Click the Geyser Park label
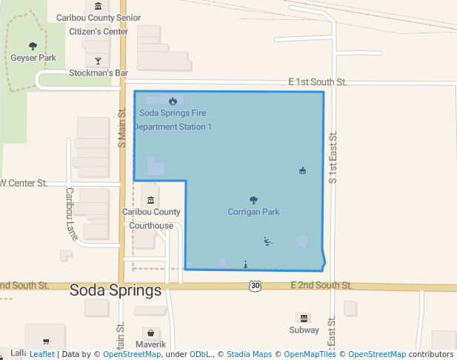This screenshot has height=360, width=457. pos(33,58)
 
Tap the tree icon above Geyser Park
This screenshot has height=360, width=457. pos(33,46)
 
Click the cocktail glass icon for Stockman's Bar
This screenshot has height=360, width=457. pos(98,60)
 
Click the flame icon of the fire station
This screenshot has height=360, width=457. pos(173,101)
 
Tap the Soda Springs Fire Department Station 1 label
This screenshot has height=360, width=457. pos(173,120)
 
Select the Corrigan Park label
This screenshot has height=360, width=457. pos(253,212)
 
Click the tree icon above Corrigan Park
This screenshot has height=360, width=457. pos(253,200)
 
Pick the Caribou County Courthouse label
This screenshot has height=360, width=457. pos(151,219)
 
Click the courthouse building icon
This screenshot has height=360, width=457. pos(151,200)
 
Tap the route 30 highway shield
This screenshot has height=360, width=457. pos(255,285)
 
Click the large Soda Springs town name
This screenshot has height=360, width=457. pos(116,290)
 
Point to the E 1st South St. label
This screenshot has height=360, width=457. pos(318,82)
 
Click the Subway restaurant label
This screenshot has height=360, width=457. pos(303,330)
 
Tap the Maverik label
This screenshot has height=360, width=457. pos(150,344)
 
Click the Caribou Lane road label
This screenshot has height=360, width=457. pos(71,213)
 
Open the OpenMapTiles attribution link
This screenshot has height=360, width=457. pos(305,354)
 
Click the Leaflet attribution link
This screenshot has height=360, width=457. pos(41,354)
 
